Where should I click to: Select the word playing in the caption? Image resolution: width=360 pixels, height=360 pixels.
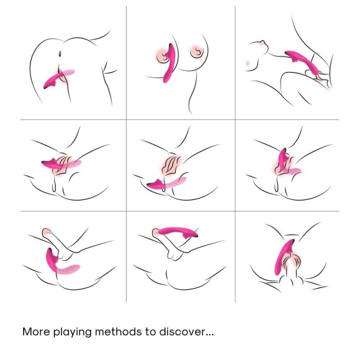pyautogui.click(x=78, y=332)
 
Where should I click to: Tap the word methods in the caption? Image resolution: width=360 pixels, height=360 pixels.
pyautogui.click(x=127, y=331)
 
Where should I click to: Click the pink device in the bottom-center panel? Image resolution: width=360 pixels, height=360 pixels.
pyautogui.click(x=177, y=233)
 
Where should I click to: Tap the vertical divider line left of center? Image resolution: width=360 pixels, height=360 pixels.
pyautogui.click(x=127, y=155)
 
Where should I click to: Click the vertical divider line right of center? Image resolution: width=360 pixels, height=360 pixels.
pyautogui.click(x=235, y=155)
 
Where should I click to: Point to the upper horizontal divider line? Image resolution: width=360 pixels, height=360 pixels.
pyautogui.click(x=180, y=119)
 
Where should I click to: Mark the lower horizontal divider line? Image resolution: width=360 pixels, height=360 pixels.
pyautogui.click(x=180, y=211)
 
